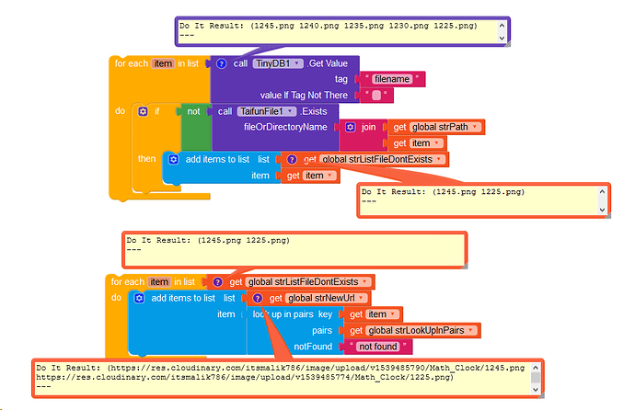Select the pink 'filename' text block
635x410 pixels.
pos(393,80)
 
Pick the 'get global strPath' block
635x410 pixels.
pos(436,126)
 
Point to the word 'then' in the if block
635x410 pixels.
pos(147,159)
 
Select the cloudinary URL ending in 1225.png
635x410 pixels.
pos(245,377)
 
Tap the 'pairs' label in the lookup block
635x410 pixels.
pos(322,330)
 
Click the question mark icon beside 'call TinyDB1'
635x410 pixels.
pos(221,63)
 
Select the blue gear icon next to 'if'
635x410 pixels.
pos(143,111)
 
